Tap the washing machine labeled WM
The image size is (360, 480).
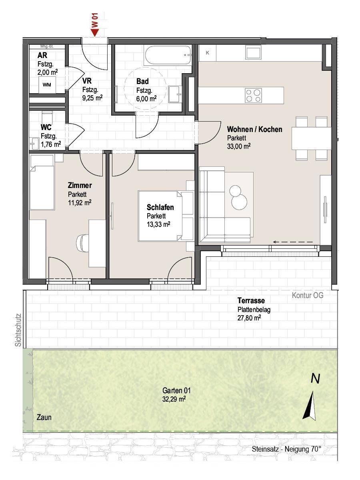tap(47, 84)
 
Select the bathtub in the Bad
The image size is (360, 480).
tap(168, 56)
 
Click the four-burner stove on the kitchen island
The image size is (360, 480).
tap(253, 95)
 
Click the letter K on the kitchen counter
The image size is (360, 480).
tap(208, 53)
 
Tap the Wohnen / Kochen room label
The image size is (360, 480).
tap(254, 129)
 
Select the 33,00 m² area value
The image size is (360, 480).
tap(239, 146)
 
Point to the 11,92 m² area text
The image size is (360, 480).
tap(80, 202)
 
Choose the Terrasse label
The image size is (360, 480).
tap(251, 301)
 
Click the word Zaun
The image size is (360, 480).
tap(44, 417)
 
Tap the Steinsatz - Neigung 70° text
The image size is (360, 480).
tap(286, 449)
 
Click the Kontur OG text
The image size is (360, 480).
tap(308, 296)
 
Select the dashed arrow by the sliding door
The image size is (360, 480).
tap(293, 242)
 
